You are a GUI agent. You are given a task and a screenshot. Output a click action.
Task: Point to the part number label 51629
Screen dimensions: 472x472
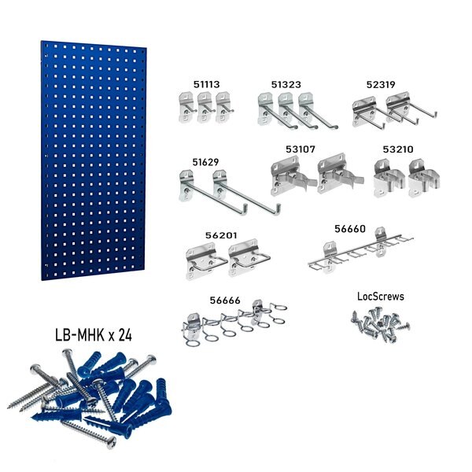[205, 162]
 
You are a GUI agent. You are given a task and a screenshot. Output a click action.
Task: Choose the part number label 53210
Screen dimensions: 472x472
[398, 147]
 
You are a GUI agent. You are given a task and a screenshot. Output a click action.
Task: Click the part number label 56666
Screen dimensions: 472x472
[225, 300]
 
